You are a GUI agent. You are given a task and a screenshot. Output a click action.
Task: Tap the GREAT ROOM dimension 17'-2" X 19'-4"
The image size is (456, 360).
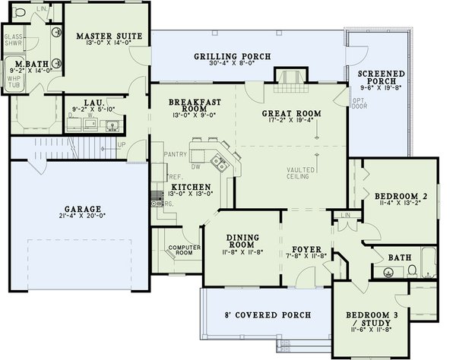[291, 123]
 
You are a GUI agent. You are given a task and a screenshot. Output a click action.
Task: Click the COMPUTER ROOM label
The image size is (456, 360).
[183, 250]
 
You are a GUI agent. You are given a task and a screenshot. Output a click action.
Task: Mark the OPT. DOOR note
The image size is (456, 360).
[359, 104]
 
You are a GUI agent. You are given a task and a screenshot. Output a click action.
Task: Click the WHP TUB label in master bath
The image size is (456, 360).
[14, 82]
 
